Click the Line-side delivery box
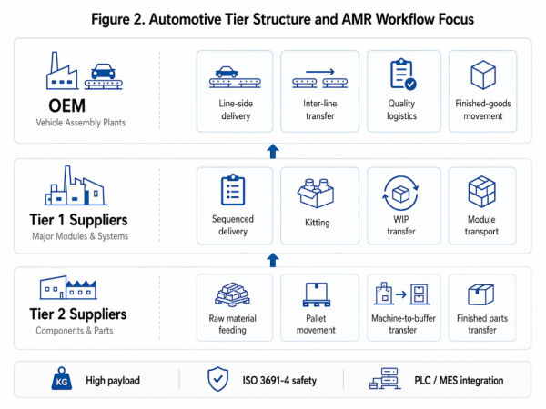pos(235,88)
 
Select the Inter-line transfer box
pos(318,88)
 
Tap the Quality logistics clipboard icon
pos(402,74)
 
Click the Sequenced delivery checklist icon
pos(234,190)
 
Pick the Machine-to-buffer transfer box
pos(402,306)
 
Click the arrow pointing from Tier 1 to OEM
pos(272,151)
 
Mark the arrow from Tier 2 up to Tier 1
pos(272,260)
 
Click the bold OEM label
pos(56,105)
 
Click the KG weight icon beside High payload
pos(61,380)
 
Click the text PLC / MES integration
pos(459,381)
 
